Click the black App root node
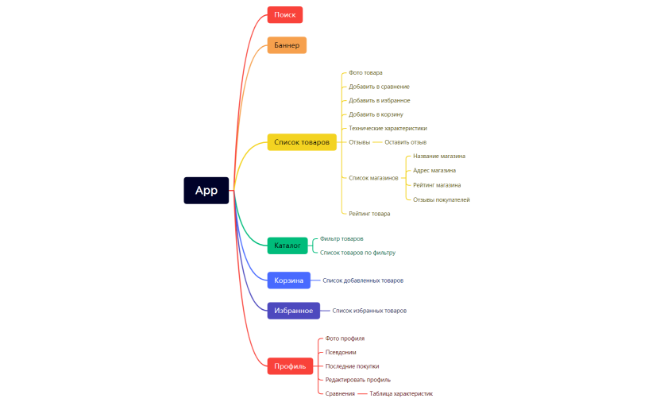206,191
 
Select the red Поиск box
285,14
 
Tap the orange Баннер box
287,45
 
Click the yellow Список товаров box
302,142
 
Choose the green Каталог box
287,246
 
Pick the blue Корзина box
288,280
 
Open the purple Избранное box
294,311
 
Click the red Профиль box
290,366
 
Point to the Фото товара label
365,73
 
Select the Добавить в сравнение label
379,87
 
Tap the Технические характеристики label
388,129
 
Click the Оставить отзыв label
405,142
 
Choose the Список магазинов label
373,178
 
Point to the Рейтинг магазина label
437,185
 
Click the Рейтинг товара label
369,214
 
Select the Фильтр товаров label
342,238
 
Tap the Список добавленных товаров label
363,280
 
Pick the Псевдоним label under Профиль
341,353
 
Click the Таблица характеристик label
401,394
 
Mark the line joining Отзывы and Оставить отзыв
377,142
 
